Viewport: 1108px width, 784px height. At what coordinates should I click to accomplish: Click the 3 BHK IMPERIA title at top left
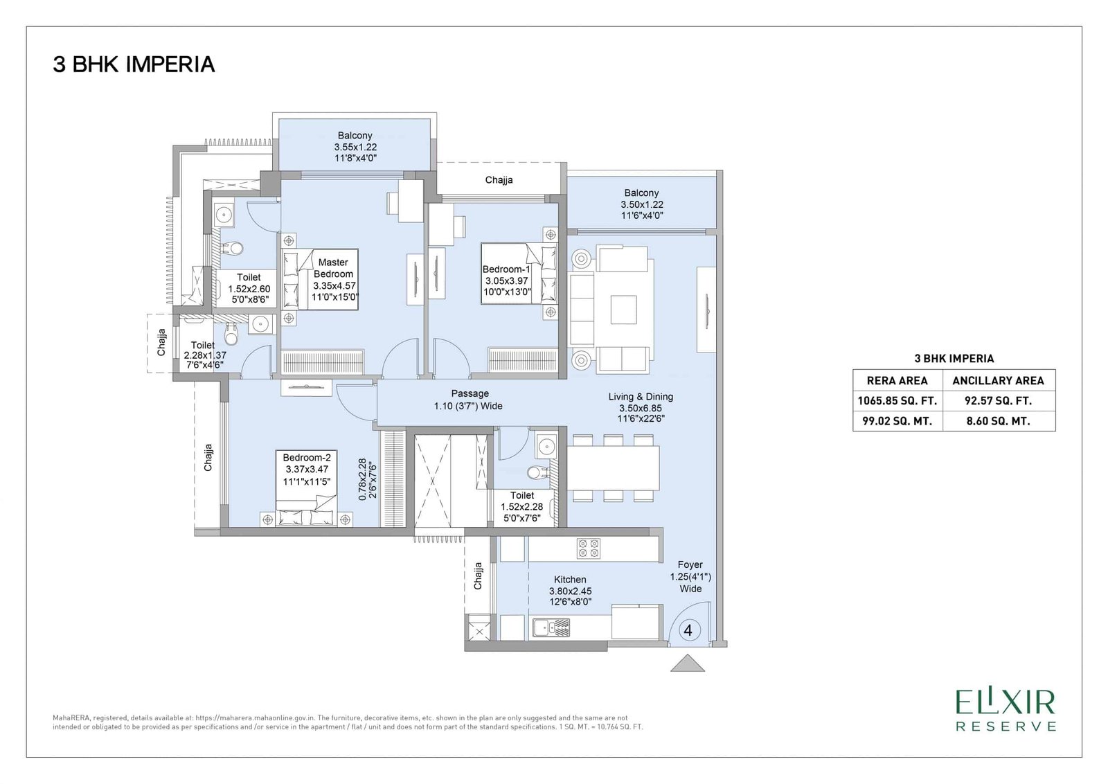(x=134, y=64)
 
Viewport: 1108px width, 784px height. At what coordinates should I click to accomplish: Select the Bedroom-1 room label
(x=506, y=269)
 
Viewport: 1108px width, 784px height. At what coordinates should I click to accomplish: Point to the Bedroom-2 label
(x=306, y=458)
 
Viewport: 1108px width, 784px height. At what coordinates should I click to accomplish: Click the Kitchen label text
(x=570, y=580)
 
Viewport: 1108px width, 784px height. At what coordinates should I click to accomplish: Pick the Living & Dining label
(x=641, y=397)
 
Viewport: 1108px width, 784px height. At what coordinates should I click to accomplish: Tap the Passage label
(x=470, y=393)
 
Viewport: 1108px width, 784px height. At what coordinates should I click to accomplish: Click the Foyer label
(x=690, y=565)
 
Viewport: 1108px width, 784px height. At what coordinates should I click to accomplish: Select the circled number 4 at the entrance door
(x=688, y=630)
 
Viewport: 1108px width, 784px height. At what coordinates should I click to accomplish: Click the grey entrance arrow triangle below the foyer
(x=688, y=663)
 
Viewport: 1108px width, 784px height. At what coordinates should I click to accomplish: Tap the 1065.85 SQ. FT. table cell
(x=897, y=400)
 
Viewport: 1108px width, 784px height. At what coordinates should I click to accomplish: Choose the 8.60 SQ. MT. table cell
(x=998, y=420)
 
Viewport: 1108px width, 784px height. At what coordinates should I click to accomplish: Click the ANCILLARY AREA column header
(x=998, y=380)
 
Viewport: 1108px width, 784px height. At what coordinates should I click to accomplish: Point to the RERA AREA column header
(x=897, y=380)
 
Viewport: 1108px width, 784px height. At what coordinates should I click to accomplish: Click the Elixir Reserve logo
(x=1006, y=710)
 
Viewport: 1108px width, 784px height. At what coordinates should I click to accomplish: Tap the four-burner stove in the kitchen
(x=589, y=549)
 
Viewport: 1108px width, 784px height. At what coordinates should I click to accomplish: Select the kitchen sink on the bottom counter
(x=551, y=628)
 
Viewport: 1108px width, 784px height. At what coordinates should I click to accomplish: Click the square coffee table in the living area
(x=623, y=310)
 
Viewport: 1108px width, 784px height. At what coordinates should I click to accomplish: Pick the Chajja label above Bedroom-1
(x=499, y=180)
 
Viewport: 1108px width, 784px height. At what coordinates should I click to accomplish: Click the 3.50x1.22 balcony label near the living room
(x=641, y=204)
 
